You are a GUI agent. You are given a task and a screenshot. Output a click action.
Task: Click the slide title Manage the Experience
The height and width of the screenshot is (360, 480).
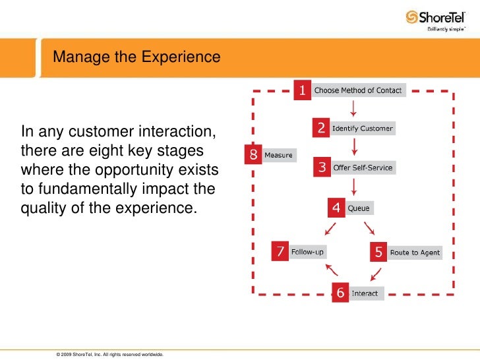[136, 57]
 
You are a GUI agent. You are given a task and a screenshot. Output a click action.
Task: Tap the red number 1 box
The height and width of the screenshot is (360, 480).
[303, 90]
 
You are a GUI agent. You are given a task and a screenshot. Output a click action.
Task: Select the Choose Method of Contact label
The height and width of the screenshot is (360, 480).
[357, 90]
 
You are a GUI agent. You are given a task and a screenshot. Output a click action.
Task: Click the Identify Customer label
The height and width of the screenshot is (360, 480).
[362, 128]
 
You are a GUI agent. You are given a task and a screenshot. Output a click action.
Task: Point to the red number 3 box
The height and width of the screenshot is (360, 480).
[322, 167]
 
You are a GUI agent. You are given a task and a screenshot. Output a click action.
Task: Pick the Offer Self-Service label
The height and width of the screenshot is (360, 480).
[363, 167]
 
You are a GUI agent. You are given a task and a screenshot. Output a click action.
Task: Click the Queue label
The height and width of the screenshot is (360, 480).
[359, 208]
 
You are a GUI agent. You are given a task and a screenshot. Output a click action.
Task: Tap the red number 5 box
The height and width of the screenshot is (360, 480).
[378, 252]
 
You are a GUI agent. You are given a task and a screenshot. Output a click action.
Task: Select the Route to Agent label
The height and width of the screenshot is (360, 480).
[415, 253]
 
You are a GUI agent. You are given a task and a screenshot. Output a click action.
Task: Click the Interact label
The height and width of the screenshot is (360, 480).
[365, 293]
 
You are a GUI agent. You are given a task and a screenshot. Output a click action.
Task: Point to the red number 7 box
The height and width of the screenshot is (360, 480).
[281, 251]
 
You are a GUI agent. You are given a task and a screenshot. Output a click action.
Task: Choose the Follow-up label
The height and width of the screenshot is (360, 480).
[308, 251]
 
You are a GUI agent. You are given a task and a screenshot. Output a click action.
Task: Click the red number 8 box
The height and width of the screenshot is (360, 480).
[253, 155]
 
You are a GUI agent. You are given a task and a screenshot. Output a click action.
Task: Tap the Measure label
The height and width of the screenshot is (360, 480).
[278, 156]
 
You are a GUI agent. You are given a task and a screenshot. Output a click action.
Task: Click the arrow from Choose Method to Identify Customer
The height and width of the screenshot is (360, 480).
[355, 107]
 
